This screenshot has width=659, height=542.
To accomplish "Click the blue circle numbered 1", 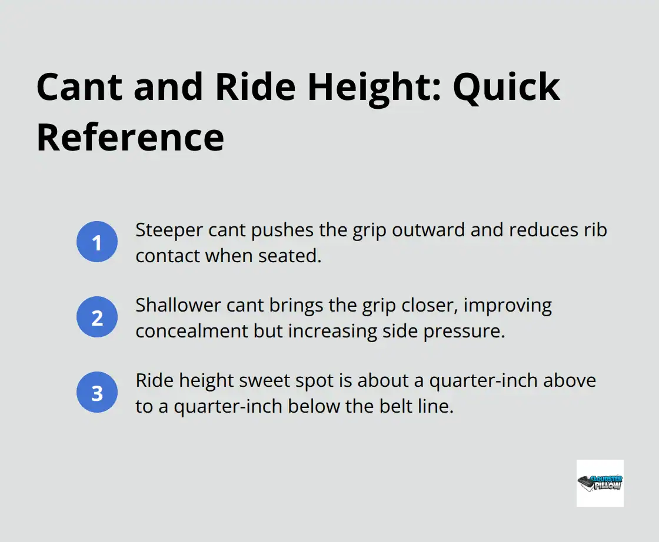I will coord(97,242).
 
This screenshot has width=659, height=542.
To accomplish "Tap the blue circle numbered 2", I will coord(97,317).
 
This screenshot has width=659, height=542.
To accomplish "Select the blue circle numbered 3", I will coord(97,393).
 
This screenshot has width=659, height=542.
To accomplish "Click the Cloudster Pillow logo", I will coord(600,483).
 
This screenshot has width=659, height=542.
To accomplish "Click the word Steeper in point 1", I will coord(162,230).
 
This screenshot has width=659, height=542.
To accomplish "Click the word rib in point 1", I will coord(597,230).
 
